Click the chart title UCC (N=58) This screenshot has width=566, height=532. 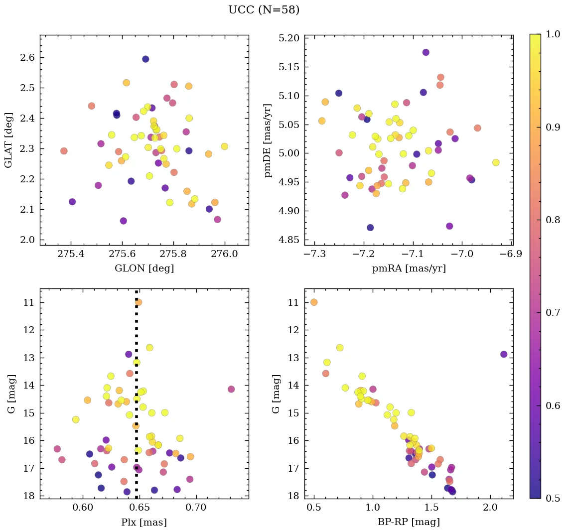pyautogui.click(x=264, y=10)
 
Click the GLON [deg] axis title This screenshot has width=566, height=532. pyautogui.click(x=144, y=268)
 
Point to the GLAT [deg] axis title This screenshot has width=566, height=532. pyautogui.click(x=9, y=140)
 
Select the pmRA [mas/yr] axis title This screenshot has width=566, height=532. pyautogui.click(x=409, y=268)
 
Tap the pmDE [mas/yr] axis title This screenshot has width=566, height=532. pyautogui.click(x=268, y=140)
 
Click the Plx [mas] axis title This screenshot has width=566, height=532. pyautogui.click(x=144, y=522)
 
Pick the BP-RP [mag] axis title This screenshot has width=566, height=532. pyautogui.click(x=409, y=522)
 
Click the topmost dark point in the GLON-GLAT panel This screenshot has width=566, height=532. pyautogui.click(x=145, y=59)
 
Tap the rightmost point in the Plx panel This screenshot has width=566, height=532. pyautogui.click(x=231, y=389)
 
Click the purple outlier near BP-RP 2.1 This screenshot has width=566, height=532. pyautogui.click(x=504, y=354)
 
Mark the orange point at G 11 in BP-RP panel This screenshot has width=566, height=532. pyautogui.click(x=314, y=302)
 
